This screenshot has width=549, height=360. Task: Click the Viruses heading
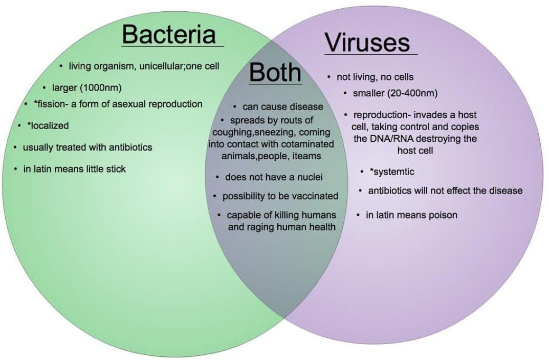pyautogui.click(x=367, y=43)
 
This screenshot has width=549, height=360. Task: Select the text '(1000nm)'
pyautogui.click(x=101, y=88)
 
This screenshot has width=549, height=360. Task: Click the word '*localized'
pyautogui.click(x=48, y=125)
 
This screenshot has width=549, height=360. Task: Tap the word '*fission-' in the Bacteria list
pyautogui.click(x=51, y=104)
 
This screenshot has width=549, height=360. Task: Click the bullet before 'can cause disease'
pyautogui.click(x=234, y=107)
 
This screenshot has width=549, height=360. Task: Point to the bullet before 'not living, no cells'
pyautogui.click(x=329, y=77)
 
